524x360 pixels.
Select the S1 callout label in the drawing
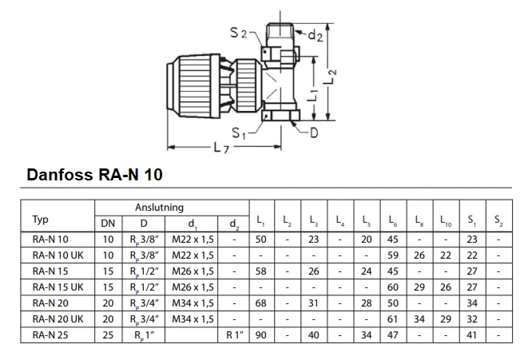[x=239, y=133]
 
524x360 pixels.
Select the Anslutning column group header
[x=158, y=208]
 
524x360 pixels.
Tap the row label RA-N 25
[x=50, y=334]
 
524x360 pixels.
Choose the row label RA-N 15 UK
[x=56, y=287]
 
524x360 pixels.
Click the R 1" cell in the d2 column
[x=233, y=334]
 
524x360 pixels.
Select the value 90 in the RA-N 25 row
[x=261, y=334]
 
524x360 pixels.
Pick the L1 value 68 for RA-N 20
[x=261, y=303]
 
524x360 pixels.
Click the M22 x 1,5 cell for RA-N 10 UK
[x=193, y=255]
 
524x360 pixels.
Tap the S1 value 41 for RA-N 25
[x=472, y=334]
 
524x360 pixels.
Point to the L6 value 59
[x=393, y=255]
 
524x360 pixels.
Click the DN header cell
[x=108, y=223]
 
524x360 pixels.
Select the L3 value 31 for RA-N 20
[x=314, y=303]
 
